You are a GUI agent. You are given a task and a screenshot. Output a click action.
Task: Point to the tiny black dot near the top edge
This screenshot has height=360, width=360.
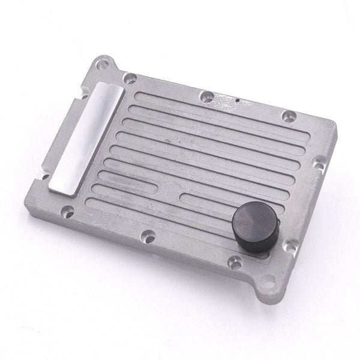tap(237, 100)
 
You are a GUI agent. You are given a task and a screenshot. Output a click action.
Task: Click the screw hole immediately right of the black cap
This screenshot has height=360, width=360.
tap(290, 245)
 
